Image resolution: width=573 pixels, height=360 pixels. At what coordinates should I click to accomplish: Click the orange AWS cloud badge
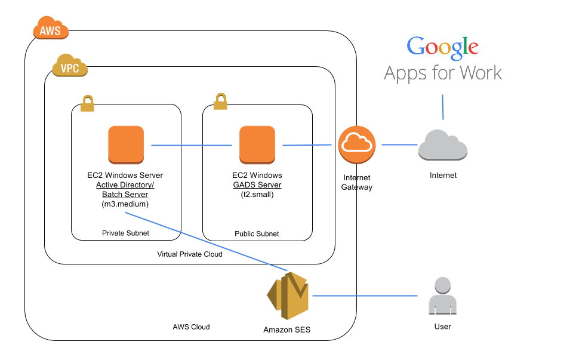tap(51, 28)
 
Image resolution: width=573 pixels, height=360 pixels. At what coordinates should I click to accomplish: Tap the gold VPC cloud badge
tap(70, 67)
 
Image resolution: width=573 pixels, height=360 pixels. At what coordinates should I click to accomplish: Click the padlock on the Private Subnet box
tap(87, 103)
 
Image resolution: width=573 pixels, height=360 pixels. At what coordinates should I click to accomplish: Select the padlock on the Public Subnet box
tap(220, 101)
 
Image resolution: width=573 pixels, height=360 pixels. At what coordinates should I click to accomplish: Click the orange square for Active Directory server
tap(126, 144)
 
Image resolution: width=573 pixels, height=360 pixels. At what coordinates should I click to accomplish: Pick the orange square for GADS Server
tap(257, 144)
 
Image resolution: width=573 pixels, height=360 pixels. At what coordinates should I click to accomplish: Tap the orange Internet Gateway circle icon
tap(356, 145)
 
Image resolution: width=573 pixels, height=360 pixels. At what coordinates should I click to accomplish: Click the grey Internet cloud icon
tap(442, 145)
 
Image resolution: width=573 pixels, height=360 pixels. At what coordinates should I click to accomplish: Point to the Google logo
tap(442, 48)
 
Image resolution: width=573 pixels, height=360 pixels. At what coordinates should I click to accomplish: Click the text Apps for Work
tap(442, 73)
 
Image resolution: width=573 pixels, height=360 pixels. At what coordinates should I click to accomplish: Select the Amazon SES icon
tap(288, 296)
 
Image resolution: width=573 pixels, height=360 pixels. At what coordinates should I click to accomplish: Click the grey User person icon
tap(443, 296)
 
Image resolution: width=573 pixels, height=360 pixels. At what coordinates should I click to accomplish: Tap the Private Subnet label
tap(126, 233)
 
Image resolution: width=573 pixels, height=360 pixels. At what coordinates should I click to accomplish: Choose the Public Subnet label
tap(257, 234)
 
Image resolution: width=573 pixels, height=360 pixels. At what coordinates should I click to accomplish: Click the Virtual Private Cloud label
tap(190, 254)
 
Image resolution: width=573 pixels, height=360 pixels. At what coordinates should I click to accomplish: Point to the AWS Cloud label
tap(191, 327)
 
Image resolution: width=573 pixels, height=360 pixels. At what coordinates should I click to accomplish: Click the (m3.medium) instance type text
tap(125, 204)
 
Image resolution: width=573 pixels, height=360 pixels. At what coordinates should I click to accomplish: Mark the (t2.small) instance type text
tap(257, 195)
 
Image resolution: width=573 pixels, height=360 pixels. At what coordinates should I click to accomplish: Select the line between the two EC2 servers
tap(191, 145)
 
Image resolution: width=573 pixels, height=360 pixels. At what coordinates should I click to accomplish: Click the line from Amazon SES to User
tap(364, 296)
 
